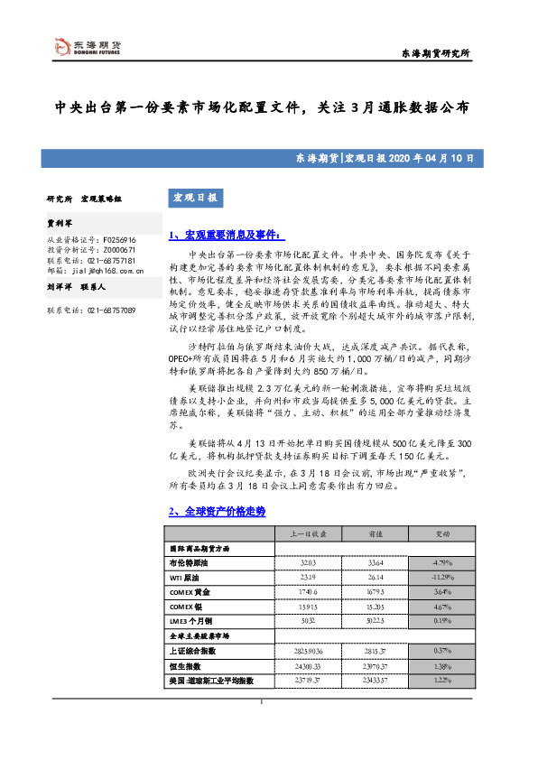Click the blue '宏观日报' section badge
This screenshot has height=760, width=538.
(193, 197)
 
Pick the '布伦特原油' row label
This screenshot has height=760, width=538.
(190, 561)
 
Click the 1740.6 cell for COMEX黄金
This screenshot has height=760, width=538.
(297, 591)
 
